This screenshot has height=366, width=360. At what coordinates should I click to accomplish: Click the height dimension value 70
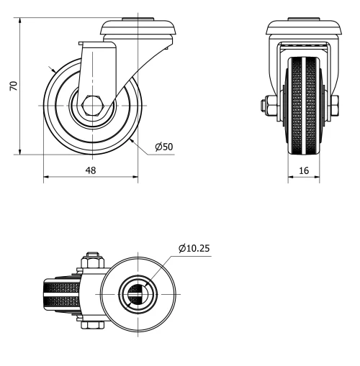pyautogui.click(x=12, y=85)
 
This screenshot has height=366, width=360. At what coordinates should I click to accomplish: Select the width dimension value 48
pyautogui.click(x=90, y=170)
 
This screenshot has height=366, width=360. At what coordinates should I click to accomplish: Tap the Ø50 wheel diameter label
pyautogui.click(x=163, y=147)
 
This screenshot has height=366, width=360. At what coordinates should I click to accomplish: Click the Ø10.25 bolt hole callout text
pyautogui.click(x=194, y=249)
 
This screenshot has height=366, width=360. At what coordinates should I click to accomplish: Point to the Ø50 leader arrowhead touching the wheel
pyautogui.click(x=135, y=137)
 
